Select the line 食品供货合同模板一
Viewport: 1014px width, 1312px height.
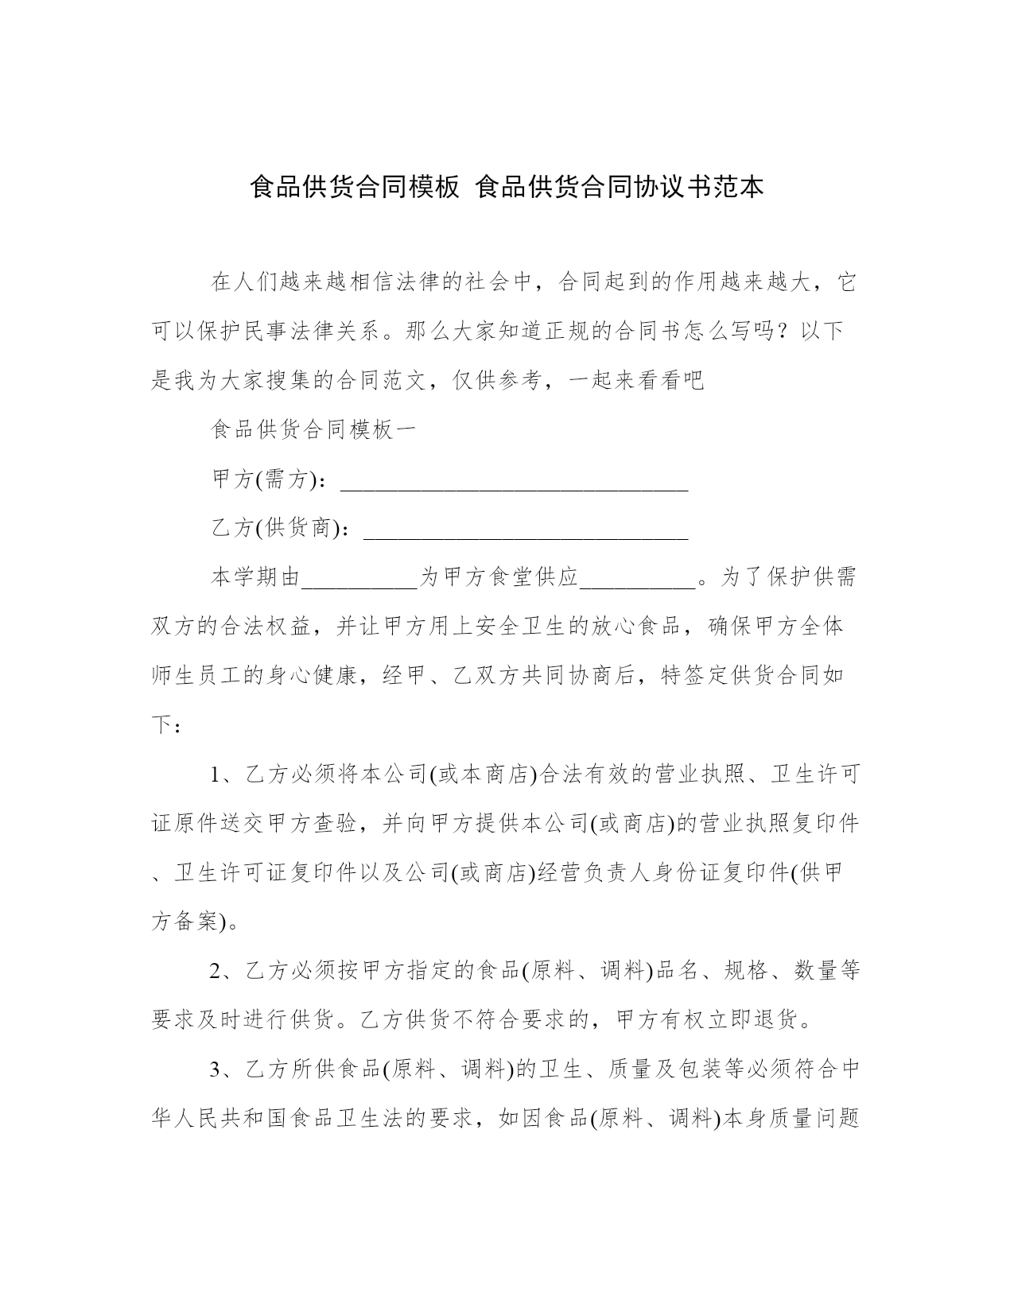coord(313,430)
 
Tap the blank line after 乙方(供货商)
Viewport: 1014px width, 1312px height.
coord(525,530)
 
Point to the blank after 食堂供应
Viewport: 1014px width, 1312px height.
coord(639,580)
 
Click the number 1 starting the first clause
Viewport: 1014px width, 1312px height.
coord(215,774)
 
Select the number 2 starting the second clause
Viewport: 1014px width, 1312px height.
coord(215,971)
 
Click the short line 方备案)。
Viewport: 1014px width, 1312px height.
coord(195,922)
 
